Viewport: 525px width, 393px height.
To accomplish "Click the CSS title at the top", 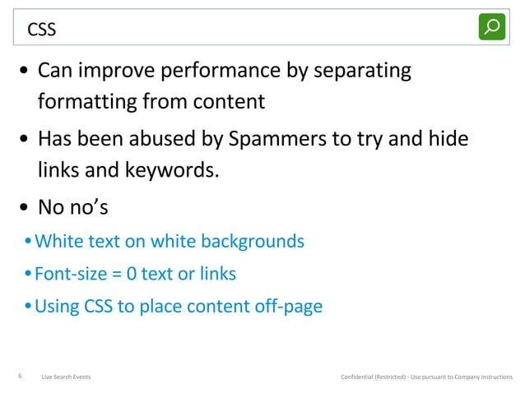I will coord(42,30).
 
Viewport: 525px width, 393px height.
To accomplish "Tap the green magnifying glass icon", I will coord(492,26).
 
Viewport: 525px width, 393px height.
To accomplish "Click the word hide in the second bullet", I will coord(448,138).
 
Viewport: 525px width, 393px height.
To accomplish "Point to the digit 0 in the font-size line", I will coord(131,274).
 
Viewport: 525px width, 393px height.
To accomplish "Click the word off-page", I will coord(289,307).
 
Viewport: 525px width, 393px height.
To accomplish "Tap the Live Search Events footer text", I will coord(66,377).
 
